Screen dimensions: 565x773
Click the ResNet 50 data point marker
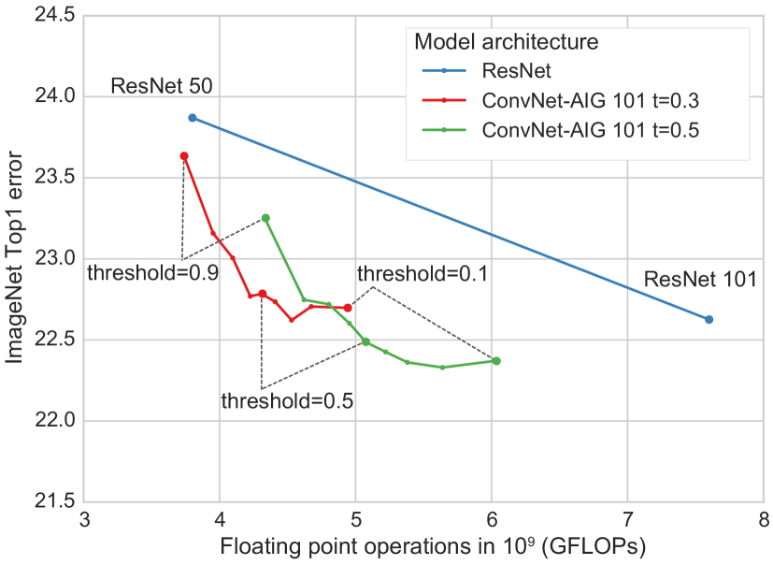(193, 118)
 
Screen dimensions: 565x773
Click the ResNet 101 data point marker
(709, 320)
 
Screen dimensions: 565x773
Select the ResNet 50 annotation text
(162, 87)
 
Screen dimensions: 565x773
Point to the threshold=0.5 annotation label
(287, 401)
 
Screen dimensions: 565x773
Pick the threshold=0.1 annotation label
(422, 274)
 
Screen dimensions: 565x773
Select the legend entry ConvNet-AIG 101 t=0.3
(590, 100)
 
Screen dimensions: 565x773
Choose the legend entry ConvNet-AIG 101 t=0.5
(590, 130)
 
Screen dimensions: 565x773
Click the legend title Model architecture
(506, 42)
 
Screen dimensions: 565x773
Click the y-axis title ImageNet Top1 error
(16, 257)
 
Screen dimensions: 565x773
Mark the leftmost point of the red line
(184, 156)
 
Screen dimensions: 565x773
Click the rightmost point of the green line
(496, 360)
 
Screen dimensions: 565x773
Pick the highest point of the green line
(265, 218)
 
